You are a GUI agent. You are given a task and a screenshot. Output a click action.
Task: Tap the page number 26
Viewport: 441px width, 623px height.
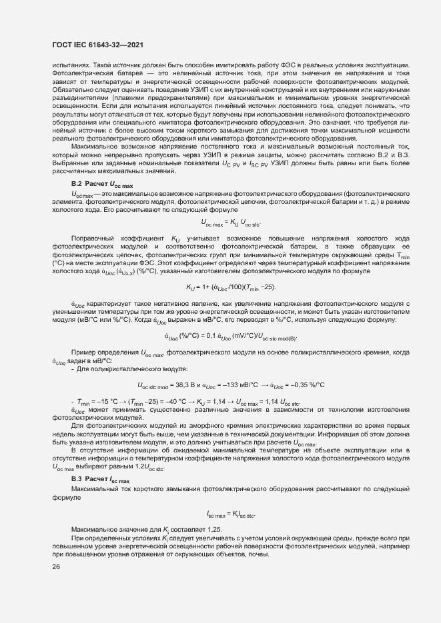[55, 566]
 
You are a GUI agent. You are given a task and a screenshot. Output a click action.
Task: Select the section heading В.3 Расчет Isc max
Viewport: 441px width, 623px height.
[101, 479]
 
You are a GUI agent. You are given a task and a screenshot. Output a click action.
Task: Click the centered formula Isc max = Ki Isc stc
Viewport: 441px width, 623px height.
[231, 514]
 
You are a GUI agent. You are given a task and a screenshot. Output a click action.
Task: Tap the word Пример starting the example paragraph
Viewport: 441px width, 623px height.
[83, 352]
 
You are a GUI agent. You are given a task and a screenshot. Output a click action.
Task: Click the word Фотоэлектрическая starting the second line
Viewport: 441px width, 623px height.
[81, 73]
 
